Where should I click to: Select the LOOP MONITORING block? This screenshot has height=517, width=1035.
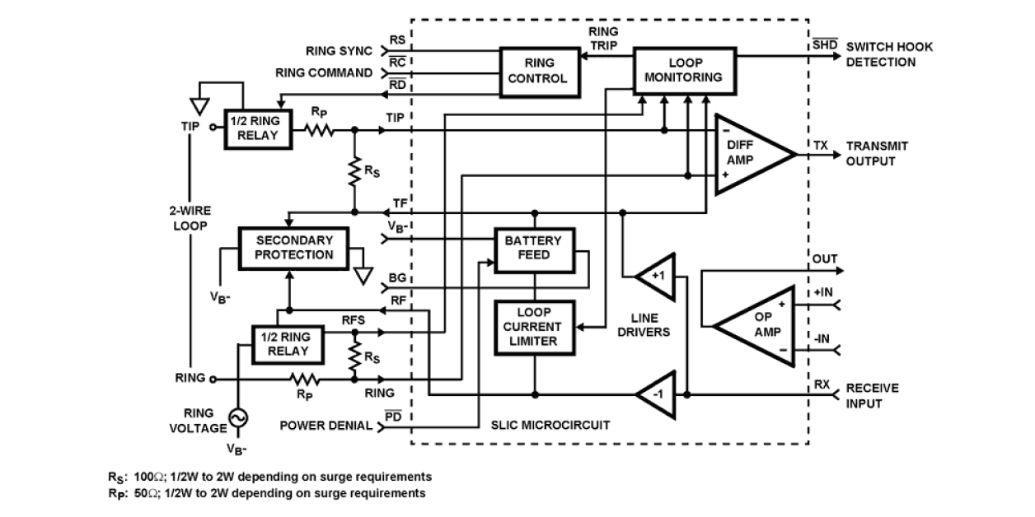[x=683, y=70]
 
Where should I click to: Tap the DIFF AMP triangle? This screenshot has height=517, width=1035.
[x=745, y=154]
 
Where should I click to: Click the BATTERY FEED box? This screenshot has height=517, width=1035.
[x=533, y=248]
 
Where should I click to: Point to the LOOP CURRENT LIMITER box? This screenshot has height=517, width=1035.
[x=533, y=327]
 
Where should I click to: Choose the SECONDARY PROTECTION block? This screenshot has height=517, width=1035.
[x=294, y=248]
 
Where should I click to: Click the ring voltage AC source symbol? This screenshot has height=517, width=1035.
[x=238, y=418]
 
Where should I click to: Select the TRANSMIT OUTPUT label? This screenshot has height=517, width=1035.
[x=877, y=153]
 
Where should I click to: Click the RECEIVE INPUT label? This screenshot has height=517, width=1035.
[x=872, y=395]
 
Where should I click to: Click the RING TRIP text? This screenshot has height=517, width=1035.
[x=603, y=38]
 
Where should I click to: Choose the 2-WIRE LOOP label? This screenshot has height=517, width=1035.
[x=190, y=217]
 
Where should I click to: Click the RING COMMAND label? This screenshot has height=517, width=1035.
[x=324, y=73]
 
